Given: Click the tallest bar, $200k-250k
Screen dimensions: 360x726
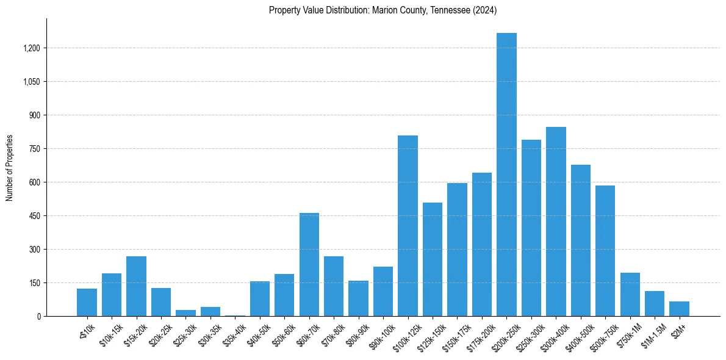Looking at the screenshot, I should [506, 175].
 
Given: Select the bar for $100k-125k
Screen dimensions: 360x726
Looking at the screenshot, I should [408, 226].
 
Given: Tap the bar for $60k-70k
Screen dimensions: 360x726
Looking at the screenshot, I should [309, 264].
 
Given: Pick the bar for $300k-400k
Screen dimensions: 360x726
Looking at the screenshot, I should [556, 221].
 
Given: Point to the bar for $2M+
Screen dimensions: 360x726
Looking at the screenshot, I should [679, 309].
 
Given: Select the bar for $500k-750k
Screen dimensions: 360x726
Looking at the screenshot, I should [605, 251].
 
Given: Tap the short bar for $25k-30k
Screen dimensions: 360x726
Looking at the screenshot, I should [185, 313].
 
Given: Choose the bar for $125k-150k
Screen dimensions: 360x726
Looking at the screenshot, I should [432, 259].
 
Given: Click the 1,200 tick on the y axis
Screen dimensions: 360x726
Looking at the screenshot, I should [31, 48].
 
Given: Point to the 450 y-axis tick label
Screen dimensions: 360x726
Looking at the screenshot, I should [34, 216].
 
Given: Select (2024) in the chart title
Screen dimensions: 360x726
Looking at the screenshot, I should [485, 10].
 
